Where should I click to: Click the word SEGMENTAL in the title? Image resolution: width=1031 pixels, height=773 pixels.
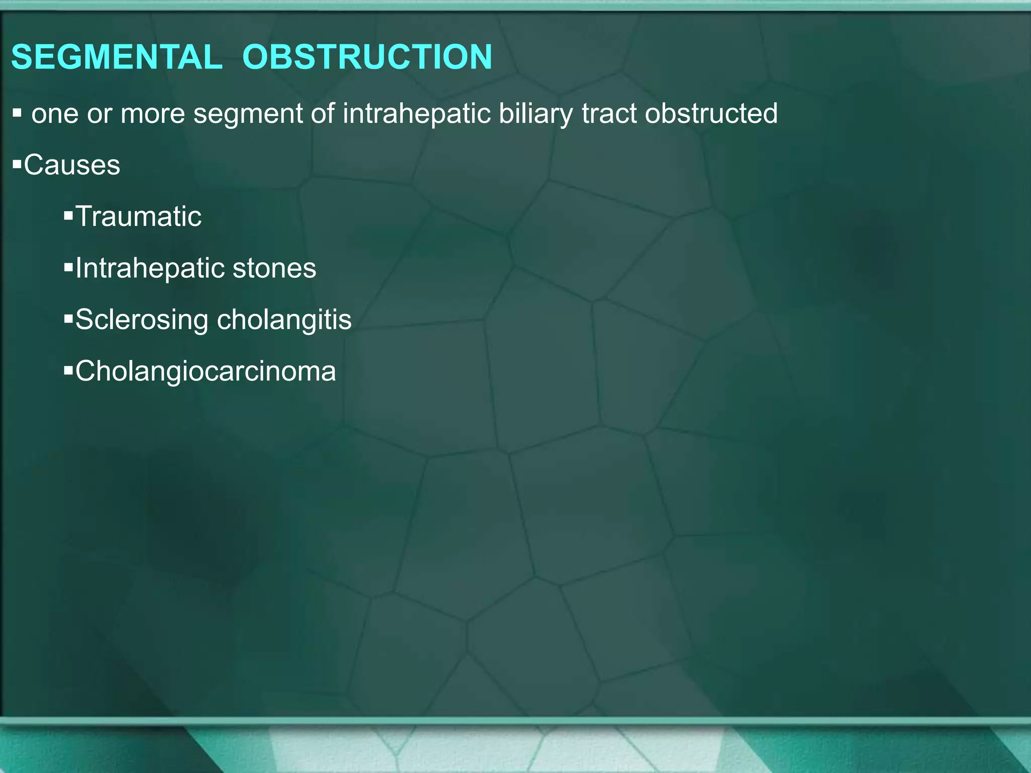coord(116,57)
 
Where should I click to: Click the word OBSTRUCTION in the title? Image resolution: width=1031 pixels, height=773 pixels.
coord(367,57)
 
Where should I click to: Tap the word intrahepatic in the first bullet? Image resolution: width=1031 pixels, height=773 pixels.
coord(416,113)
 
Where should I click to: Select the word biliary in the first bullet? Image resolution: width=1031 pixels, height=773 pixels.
coord(536,114)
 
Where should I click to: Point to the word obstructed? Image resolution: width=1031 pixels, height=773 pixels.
coord(711,113)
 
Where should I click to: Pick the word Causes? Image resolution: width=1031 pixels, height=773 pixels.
coord(72,165)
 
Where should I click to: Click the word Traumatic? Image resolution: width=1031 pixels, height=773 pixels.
coord(138,216)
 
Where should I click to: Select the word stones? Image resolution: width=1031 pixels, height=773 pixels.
coord(274,268)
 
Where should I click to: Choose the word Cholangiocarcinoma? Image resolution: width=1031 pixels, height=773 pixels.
coord(205,371)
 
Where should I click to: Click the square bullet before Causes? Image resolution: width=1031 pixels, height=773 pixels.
coord(17,164)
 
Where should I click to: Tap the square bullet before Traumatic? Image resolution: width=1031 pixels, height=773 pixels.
coord(68,216)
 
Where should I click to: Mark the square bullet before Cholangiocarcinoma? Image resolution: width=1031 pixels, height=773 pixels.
coord(68,371)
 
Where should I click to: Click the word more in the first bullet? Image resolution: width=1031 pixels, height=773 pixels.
coord(153,114)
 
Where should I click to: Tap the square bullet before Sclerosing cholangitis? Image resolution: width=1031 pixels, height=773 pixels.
coord(68,320)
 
